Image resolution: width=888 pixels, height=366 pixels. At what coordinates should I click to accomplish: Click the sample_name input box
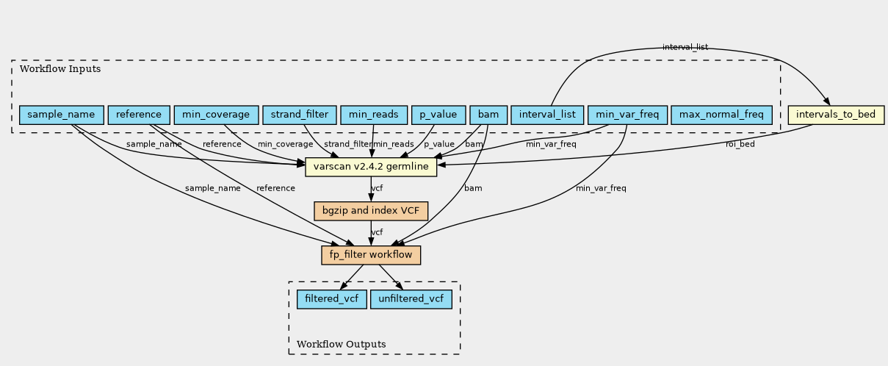[61, 115]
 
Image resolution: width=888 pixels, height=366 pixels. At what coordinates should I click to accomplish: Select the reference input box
[139, 115]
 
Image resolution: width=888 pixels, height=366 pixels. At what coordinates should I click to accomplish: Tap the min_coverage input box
[216, 115]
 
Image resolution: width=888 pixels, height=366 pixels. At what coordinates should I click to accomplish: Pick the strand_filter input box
[299, 115]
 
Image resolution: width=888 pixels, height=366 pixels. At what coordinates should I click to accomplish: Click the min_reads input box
[373, 115]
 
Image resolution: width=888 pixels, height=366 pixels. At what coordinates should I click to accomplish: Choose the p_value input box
[438, 115]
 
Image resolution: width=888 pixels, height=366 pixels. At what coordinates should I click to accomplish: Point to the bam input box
[488, 115]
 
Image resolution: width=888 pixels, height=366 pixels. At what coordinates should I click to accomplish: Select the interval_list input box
[547, 115]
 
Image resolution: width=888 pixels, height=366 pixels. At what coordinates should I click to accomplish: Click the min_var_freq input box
[627, 115]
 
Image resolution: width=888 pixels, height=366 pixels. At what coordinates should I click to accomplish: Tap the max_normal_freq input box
[721, 115]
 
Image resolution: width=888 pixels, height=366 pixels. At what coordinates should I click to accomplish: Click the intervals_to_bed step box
[835, 115]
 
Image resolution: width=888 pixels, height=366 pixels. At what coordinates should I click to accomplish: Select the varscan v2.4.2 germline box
[371, 168]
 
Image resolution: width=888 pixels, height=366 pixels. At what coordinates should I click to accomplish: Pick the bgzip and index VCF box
[371, 211]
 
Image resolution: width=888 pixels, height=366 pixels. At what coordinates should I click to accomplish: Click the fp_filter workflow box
[371, 255]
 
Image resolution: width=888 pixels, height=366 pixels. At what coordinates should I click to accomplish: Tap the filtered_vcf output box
[331, 299]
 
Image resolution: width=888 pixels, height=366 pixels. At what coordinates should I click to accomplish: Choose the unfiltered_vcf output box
[411, 299]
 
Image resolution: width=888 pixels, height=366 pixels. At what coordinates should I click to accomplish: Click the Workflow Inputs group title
[60, 69]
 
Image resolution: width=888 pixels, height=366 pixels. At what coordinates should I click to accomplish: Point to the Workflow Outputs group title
[341, 344]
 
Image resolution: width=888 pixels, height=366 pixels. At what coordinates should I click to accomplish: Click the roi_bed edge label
[740, 144]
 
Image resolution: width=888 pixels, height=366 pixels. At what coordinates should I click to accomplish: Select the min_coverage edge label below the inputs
[285, 144]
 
